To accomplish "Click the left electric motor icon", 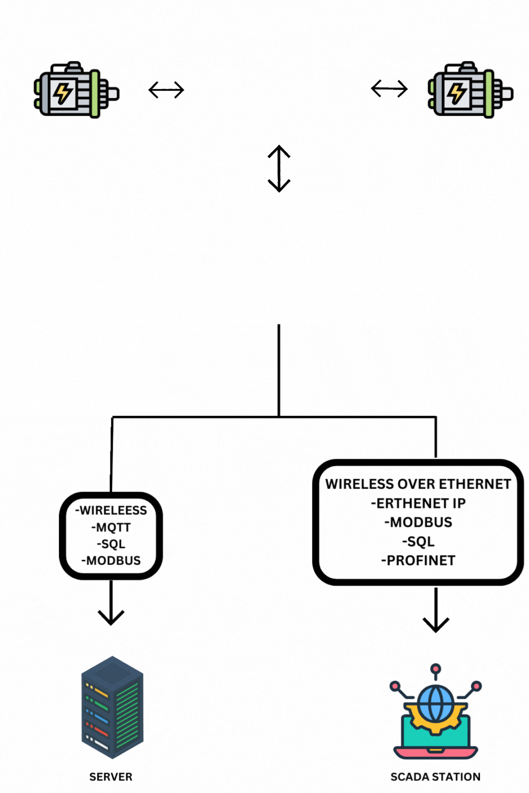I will [x=76, y=90].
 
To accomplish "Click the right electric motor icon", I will [x=470, y=90].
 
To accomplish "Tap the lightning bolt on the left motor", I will [x=63, y=93].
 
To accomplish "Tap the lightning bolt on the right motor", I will [x=456, y=93].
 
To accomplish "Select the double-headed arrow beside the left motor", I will [x=166, y=90].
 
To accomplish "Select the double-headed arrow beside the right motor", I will [x=389, y=89].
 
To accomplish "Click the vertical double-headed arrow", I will [x=279, y=169].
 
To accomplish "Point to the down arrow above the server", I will [x=111, y=605].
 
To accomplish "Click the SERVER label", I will [x=111, y=777].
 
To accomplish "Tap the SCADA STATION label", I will [x=435, y=777].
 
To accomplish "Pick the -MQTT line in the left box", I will [x=111, y=528].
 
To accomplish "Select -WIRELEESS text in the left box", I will [x=111, y=511].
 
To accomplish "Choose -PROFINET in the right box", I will [x=418, y=561].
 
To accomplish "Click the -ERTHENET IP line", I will [x=418, y=504].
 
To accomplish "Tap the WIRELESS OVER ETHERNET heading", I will [x=418, y=484].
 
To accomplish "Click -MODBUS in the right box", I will [x=418, y=523].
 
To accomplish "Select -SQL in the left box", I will [x=111, y=544].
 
